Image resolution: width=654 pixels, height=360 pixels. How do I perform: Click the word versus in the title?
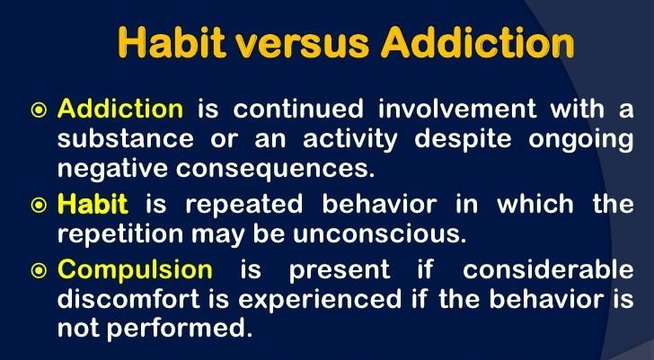303,43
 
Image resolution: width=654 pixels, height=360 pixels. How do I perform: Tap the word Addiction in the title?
478,42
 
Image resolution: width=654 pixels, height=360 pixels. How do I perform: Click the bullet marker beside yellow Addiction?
39,110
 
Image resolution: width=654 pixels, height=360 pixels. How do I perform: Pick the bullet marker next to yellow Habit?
39,206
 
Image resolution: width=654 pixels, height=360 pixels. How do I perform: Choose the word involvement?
457,110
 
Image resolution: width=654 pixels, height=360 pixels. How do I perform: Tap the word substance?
125,139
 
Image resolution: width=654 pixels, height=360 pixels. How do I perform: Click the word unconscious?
379,235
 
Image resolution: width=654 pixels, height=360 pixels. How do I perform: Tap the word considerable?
548,269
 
